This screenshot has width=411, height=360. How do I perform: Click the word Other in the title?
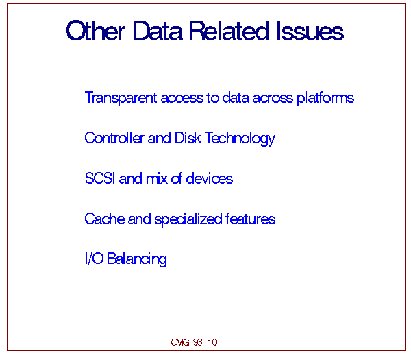coord(96,31)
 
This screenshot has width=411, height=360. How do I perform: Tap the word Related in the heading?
coord(229,31)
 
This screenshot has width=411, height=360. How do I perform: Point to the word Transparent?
coord(121,98)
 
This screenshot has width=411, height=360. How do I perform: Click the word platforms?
coord(325,98)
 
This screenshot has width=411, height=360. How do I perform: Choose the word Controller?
coord(114,138)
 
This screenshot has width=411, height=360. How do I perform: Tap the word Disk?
coord(188,138)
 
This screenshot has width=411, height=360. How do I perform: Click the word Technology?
coord(240,139)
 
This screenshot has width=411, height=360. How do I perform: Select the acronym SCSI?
coord(100,178)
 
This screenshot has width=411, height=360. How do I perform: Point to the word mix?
coord(156,178)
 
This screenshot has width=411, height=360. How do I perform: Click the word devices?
coord(209,178)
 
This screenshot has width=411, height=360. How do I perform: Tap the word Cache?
coord(105,219)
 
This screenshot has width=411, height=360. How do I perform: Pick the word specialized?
coord(188,219)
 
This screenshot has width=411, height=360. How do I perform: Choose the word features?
coord(250,219)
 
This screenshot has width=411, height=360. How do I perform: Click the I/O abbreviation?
coord(95,259)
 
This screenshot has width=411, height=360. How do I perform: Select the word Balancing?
coord(137,259)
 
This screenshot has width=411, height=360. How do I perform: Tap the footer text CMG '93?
coord(186,342)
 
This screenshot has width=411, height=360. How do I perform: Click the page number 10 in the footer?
coord(212,342)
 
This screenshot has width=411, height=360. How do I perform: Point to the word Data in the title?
coord(158,31)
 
